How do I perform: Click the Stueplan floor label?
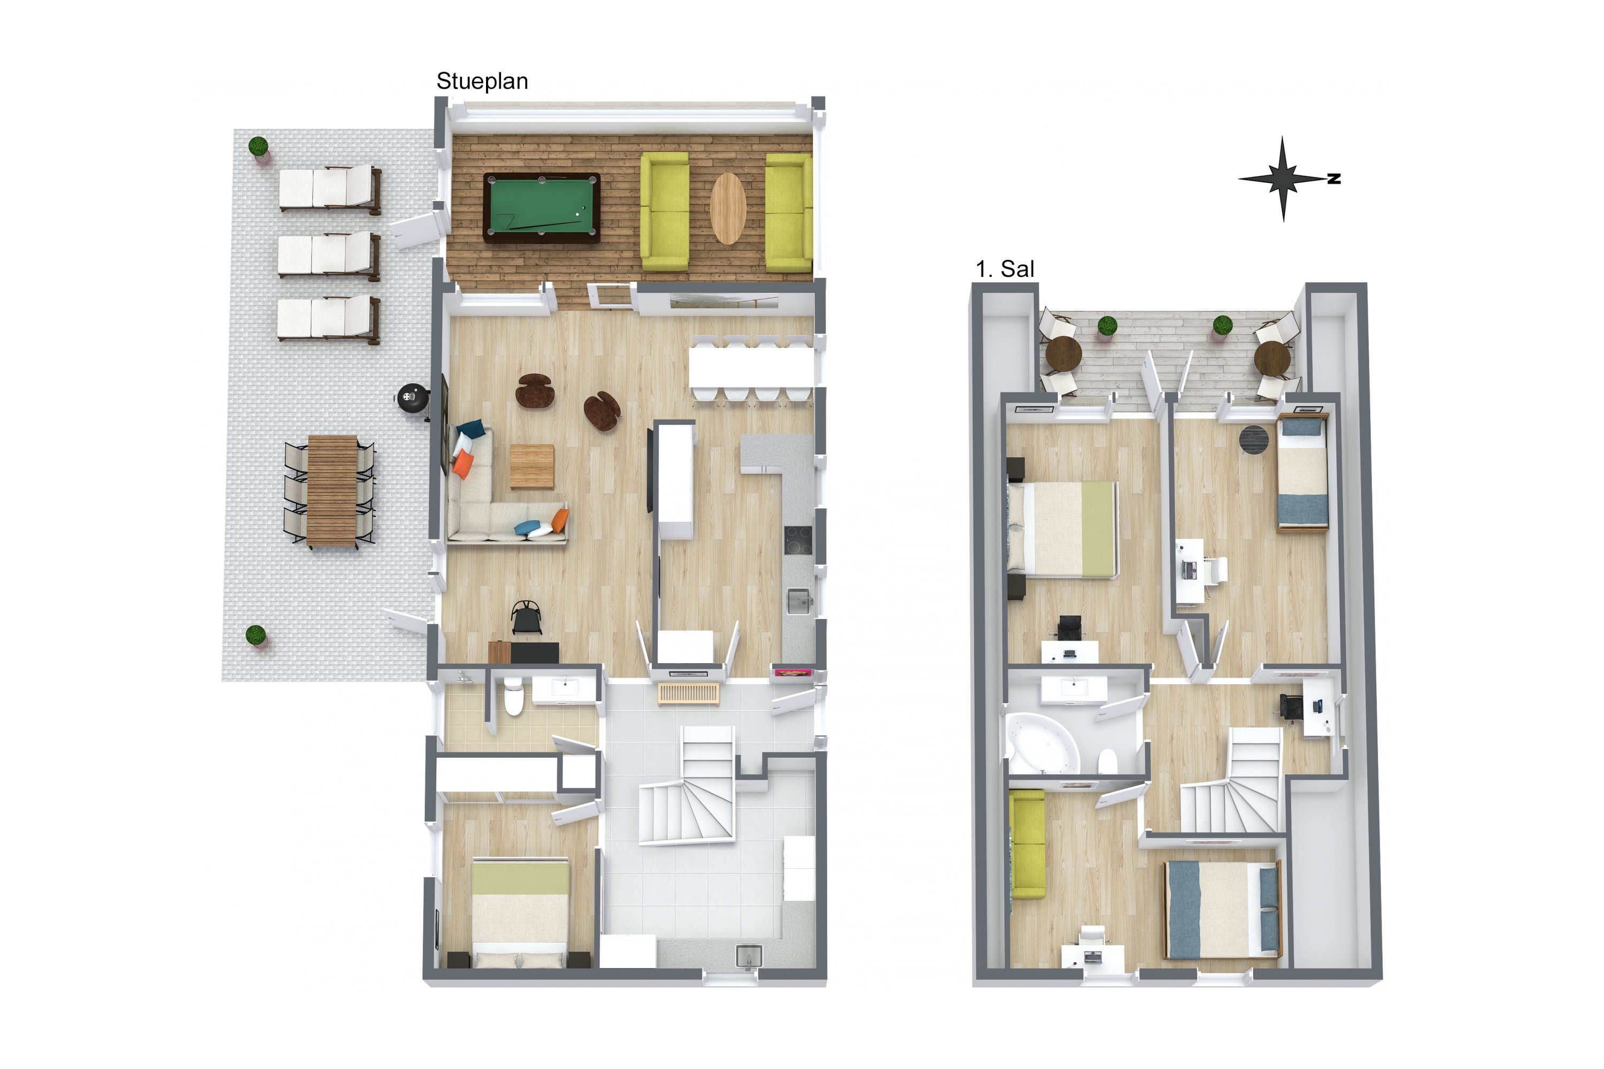pyautogui.click(x=482, y=82)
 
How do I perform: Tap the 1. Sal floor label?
pyautogui.click(x=1005, y=269)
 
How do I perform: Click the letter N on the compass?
pyautogui.click(x=1334, y=179)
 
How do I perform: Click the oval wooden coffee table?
pyautogui.click(x=728, y=208)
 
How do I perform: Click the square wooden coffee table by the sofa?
pyautogui.click(x=532, y=466)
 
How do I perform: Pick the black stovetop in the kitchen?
pyautogui.click(x=798, y=540)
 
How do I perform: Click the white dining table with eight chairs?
pyautogui.click(x=751, y=368)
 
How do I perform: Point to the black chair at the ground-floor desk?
pyautogui.click(x=527, y=618)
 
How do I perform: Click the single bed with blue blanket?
pyautogui.click(x=1302, y=473)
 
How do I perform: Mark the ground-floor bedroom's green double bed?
pyautogui.click(x=520, y=912)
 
